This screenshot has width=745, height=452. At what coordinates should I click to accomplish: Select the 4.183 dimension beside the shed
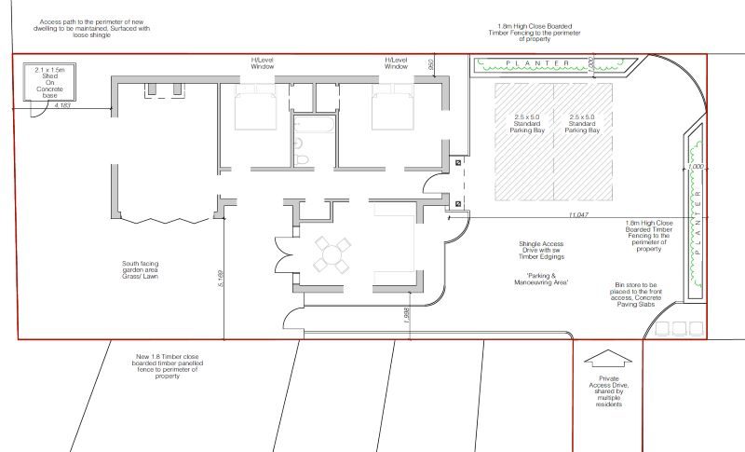64,106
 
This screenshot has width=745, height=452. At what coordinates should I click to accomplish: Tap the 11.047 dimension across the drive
576,215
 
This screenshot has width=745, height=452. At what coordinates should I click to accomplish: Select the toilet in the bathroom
302,160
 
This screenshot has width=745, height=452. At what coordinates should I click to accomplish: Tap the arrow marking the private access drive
606,360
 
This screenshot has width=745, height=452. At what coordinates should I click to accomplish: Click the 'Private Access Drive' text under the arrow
606,392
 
